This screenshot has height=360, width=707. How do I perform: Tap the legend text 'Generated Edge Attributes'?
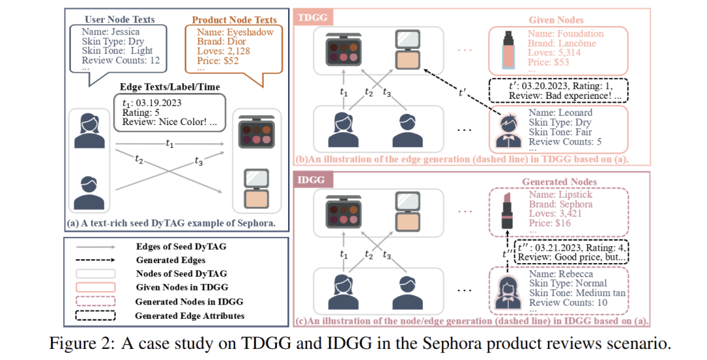click(190, 316)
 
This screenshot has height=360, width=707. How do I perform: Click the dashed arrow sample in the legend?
click(96, 261)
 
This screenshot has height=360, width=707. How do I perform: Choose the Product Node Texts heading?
click(234, 20)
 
